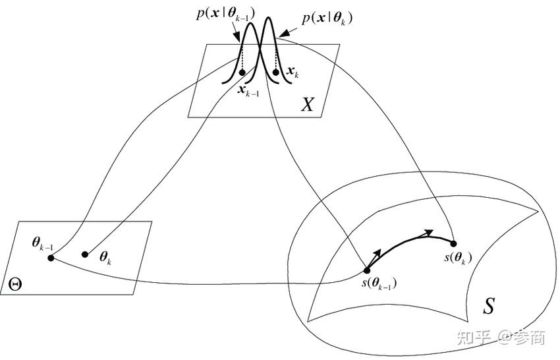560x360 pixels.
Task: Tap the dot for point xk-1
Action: pyautogui.click(x=242, y=71)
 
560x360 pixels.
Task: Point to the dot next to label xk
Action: pyautogui.click(x=275, y=71)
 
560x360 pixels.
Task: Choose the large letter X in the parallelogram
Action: pyautogui.click(x=308, y=104)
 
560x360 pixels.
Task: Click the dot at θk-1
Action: pyautogui.click(x=51, y=258)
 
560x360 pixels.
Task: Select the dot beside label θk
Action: pyautogui.click(x=84, y=254)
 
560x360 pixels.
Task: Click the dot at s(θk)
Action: pyautogui.click(x=453, y=243)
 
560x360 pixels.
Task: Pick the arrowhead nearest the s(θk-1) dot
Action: pyautogui.click(x=377, y=253)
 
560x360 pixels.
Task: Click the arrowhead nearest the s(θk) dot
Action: pyautogui.click(x=429, y=233)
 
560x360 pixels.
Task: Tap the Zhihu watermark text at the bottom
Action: pyautogui.click(x=501, y=339)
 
